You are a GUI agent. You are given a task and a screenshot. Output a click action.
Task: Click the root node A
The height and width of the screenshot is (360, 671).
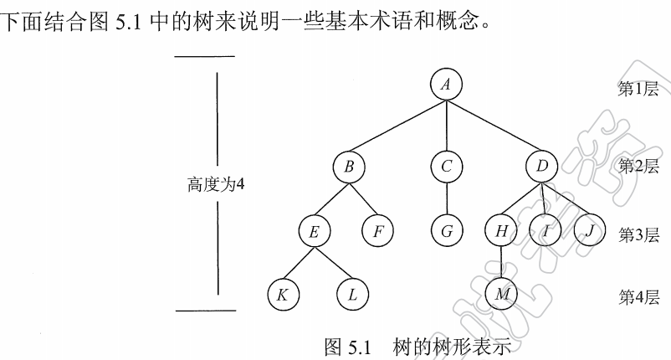pos(447,84)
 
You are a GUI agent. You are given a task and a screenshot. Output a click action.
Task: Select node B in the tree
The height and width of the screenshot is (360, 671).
pos(349,167)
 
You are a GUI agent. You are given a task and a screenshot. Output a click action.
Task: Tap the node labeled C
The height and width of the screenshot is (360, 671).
pos(447,167)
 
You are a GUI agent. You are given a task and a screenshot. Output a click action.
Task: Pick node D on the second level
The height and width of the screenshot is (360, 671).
pos(542,167)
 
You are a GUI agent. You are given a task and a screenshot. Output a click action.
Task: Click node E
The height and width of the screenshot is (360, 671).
pos(315,231)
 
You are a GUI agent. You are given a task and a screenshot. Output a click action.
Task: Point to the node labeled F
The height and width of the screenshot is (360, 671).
pos(379,231)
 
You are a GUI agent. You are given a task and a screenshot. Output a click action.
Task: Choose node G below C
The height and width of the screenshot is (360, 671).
pos(447,231)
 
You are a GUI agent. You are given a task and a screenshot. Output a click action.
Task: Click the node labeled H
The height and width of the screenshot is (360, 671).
pos(500,231)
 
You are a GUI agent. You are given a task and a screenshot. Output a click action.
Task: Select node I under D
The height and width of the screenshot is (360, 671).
pos(546,231)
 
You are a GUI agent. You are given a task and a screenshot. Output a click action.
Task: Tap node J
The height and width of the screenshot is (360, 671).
pos(590,231)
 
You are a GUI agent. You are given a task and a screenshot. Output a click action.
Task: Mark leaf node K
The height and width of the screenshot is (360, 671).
pos(283,295)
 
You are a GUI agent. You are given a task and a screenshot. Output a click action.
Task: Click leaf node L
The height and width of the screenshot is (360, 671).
pos(352,295)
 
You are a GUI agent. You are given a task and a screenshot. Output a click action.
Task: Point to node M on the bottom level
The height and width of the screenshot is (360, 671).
pos(500,295)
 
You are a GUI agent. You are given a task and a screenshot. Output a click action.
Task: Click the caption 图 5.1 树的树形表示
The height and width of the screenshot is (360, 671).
pos(417,345)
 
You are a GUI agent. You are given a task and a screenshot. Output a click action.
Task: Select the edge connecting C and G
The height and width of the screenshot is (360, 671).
pos(447,199)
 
